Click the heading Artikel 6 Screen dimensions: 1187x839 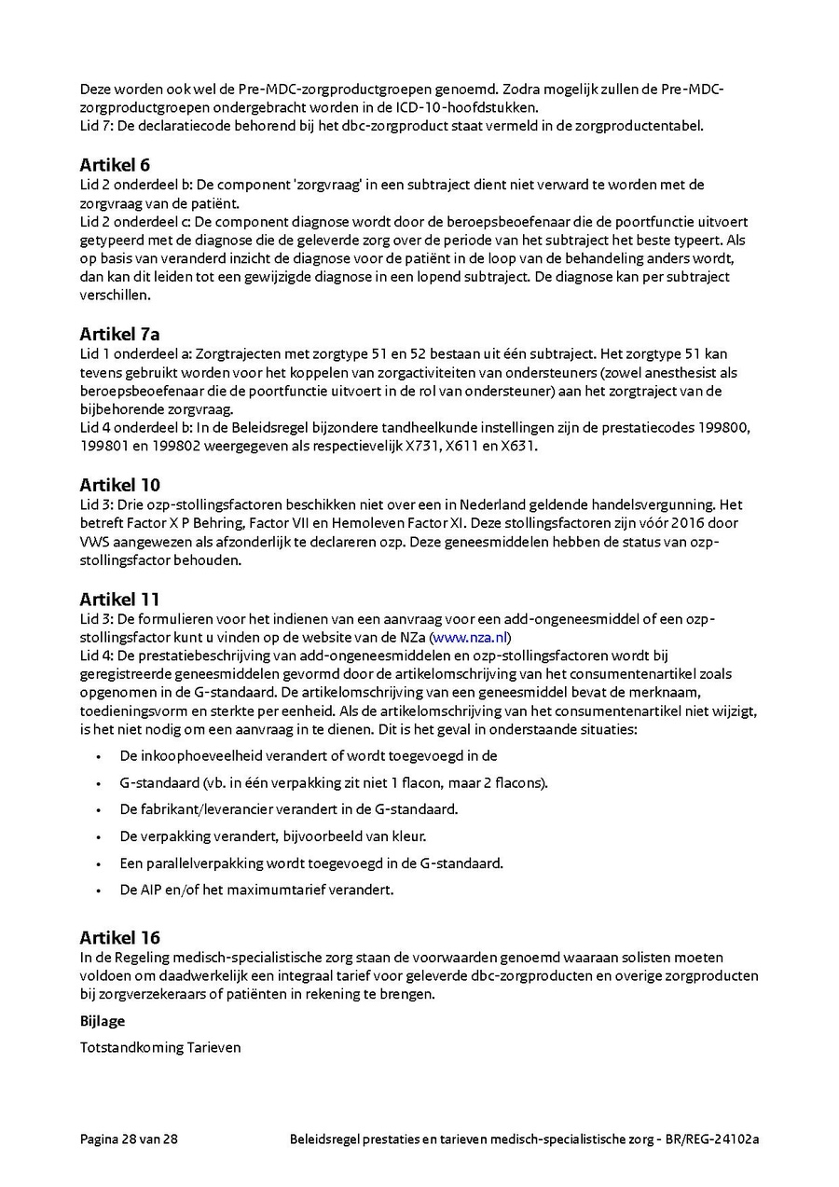115,165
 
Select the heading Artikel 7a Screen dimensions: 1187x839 119,334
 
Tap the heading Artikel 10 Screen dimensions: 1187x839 119,485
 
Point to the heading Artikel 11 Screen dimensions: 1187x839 119,599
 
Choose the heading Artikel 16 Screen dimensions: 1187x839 119,937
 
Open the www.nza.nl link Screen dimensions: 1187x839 470,638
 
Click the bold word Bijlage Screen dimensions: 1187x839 103,1021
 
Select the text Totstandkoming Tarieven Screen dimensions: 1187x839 160,1047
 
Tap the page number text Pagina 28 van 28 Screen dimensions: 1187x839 129,1139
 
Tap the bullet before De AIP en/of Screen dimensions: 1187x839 98,890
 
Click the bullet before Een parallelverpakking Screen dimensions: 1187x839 98,864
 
